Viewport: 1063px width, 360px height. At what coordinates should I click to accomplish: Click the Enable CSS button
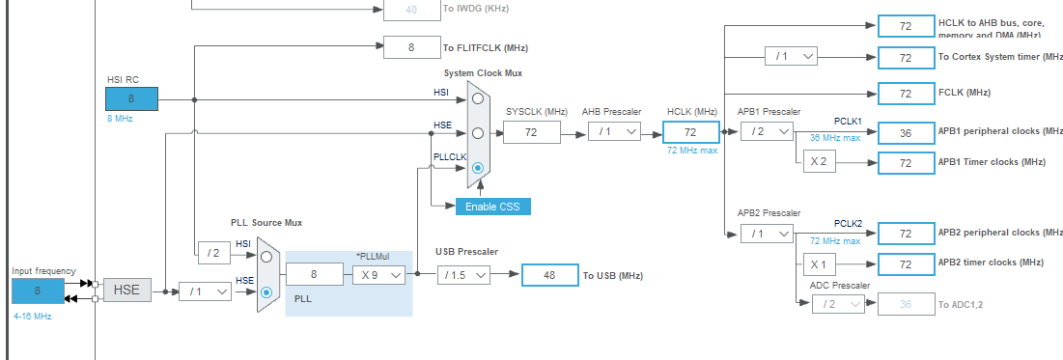(x=492, y=206)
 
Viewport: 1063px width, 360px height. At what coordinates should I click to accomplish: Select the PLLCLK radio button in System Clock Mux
(x=478, y=167)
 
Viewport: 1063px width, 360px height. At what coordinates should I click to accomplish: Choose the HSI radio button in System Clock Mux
(x=478, y=97)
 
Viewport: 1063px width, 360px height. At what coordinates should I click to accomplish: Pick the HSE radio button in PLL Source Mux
(x=266, y=291)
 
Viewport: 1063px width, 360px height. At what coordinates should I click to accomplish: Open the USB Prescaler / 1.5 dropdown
(x=464, y=275)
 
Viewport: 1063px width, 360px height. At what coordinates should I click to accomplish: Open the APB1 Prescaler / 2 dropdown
(x=767, y=132)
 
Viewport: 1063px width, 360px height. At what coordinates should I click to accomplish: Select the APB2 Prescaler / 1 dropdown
(x=767, y=233)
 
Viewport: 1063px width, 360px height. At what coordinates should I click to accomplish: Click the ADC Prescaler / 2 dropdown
(x=837, y=304)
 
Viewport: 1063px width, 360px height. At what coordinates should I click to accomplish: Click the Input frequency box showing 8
(x=38, y=291)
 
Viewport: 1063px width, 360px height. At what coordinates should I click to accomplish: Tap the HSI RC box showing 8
(x=131, y=97)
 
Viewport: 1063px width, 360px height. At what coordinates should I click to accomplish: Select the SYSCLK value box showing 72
(x=531, y=132)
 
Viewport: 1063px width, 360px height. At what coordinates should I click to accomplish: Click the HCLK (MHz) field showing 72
(x=690, y=132)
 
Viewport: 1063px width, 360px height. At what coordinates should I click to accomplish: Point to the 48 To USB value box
(x=549, y=275)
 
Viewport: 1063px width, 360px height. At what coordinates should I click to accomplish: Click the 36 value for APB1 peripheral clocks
(x=906, y=133)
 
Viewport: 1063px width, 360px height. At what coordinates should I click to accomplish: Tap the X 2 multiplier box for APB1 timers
(x=818, y=161)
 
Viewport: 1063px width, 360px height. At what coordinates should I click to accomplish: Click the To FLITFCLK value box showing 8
(x=411, y=46)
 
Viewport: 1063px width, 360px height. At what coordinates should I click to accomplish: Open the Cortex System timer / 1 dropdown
(x=791, y=57)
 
